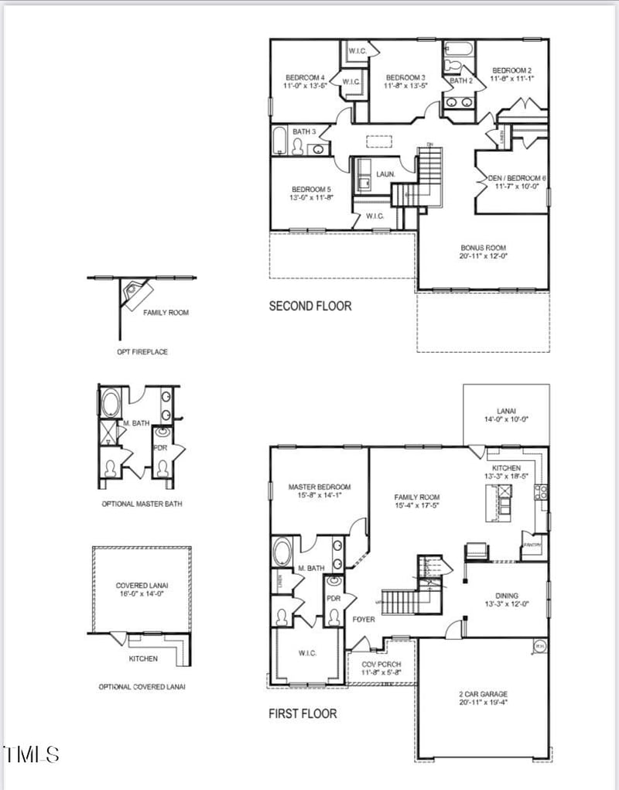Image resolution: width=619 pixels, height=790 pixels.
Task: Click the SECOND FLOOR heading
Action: [x=309, y=306]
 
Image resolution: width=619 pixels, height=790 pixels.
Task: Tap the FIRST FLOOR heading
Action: [x=303, y=713]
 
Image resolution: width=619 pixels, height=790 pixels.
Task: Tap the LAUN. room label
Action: [x=385, y=175]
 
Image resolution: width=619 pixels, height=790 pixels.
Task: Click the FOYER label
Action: [x=364, y=619]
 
